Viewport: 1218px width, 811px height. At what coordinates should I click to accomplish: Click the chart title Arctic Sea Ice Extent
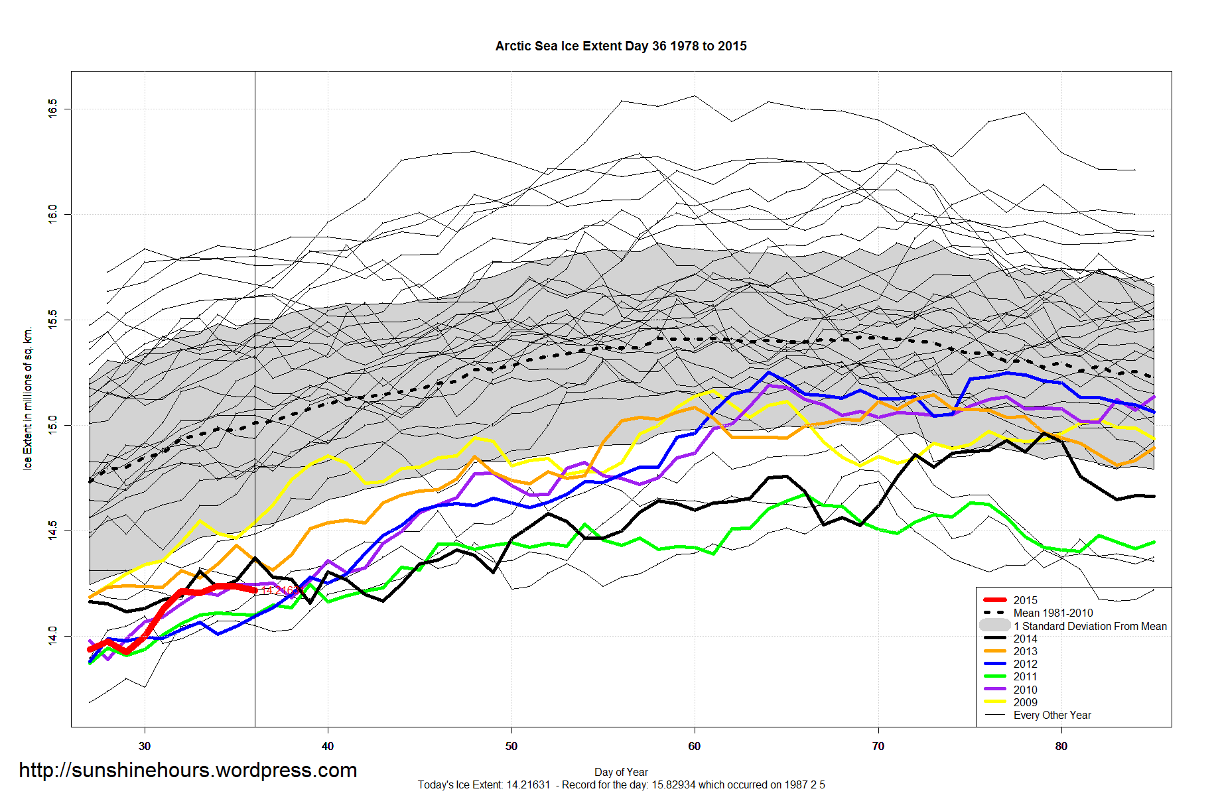tap(621, 46)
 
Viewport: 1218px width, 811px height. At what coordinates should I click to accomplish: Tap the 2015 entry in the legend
tap(1025, 600)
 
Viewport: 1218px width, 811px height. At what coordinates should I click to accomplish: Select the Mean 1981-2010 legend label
tap(1053, 613)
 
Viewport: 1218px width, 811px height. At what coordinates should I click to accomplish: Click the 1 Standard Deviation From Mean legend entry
tap(1089, 626)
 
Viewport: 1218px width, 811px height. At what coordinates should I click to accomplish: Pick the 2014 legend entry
tap(1025, 639)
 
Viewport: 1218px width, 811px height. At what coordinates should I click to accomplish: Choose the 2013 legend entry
tap(1025, 651)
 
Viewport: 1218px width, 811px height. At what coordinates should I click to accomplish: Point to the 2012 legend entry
tap(1025, 664)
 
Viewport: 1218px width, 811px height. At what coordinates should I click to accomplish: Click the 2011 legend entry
tap(1025, 676)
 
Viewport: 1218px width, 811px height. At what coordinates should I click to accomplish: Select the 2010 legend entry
tap(1025, 690)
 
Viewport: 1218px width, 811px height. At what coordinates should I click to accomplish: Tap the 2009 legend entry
tap(1025, 702)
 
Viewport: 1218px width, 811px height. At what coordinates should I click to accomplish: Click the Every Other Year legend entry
tap(1052, 715)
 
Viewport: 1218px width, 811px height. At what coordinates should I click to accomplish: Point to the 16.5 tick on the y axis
tap(52, 109)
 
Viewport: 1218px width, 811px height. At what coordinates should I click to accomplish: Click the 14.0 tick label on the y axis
tap(52, 637)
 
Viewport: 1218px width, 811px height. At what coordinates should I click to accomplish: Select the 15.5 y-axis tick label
tap(52, 320)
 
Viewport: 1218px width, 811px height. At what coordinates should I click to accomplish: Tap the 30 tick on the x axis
tap(145, 746)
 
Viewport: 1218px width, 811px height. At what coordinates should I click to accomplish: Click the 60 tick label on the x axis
tap(695, 746)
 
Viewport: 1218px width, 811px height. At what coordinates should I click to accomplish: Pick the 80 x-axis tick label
tap(1061, 746)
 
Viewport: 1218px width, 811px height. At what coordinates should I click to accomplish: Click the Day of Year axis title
tap(621, 772)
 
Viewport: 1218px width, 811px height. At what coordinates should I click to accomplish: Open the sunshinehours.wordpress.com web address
tap(188, 770)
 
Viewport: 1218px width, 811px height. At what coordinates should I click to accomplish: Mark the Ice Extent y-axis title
tap(28, 399)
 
